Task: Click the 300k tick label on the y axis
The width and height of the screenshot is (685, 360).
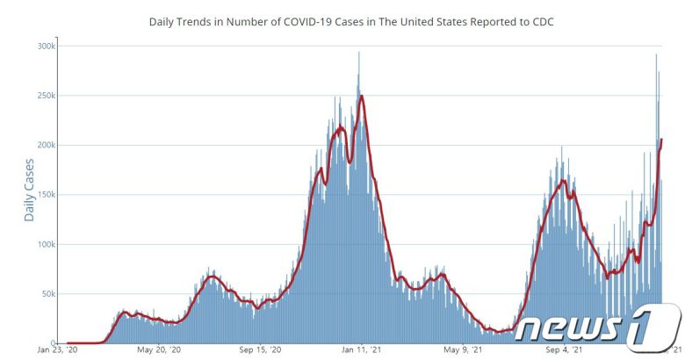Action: click(x=47, y=45)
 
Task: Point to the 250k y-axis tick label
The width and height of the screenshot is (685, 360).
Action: click(x=47, y=95)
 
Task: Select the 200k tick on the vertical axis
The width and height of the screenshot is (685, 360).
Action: click(x=47, y=145)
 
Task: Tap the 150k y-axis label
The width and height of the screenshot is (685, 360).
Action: click(x=47, y=194)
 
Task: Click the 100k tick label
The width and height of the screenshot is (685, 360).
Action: click(x=47, y=244)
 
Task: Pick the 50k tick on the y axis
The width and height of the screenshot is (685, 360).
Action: click(x=50, y=293)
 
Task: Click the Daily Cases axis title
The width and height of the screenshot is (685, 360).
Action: click(x=29, y=190)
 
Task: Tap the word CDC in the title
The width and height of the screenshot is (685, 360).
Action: click(x=542, y=20)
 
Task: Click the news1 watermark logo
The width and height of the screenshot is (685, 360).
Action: click(x=597, y=326)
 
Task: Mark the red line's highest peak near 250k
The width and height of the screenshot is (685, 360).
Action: click(x=362, y=96)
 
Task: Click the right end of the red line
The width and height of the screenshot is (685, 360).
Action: click(x=661, y=140)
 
